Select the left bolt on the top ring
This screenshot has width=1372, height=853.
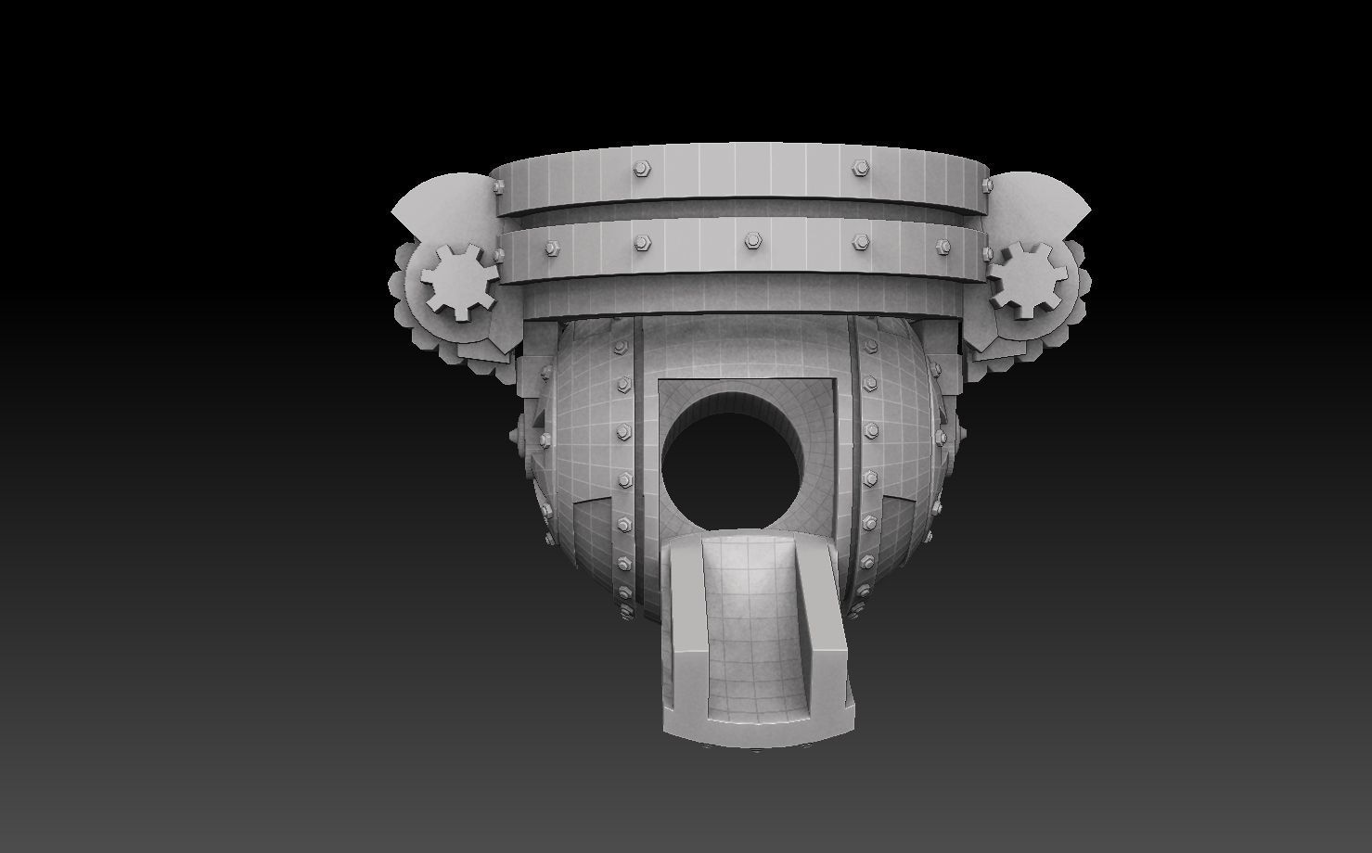pos(640,169)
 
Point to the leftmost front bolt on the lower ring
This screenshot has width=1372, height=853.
pos(552,247)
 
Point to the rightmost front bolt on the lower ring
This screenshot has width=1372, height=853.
pos(942,247)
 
